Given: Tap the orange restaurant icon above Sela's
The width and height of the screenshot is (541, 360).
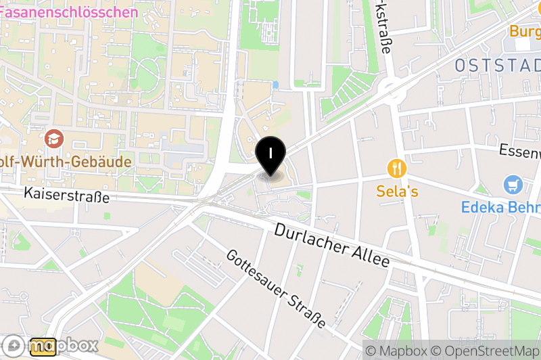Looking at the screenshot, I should (397, 167).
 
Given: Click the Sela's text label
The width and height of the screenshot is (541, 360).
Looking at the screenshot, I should (397, 192).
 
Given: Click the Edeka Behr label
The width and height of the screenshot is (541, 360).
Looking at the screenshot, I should (500, 207).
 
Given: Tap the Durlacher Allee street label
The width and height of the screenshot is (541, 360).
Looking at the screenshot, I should (332, 245).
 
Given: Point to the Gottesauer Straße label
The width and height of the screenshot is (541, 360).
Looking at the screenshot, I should (276, 288).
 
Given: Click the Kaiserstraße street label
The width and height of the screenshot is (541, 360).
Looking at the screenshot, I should (66, 195).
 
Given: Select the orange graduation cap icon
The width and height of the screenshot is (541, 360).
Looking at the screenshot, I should (53, 139).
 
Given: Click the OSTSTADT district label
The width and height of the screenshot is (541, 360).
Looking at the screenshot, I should (498, 66).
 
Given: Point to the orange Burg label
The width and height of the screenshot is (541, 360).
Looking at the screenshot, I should (525, 31).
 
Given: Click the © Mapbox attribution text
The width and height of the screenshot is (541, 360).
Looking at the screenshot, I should (396, 351).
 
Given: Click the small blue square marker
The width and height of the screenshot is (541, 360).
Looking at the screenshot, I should (275, 85).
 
